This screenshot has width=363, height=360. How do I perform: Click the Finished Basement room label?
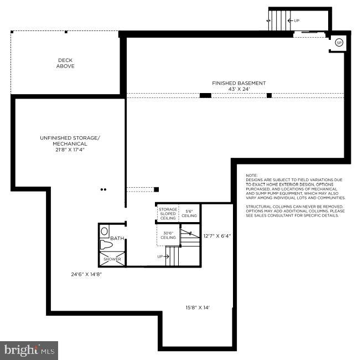[238, 83]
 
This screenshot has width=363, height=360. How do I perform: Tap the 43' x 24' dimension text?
[238, 89]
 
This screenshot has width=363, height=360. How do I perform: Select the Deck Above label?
[65, 63]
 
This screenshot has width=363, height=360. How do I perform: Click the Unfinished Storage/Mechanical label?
[70, 141]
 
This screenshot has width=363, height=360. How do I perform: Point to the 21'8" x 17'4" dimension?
[70, 150]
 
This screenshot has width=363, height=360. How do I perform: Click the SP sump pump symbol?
[339, 43]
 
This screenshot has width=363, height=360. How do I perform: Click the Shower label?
[112, 259]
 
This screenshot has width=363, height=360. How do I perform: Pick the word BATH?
[117, 239]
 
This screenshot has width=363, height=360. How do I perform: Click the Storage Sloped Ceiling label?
[168, 214]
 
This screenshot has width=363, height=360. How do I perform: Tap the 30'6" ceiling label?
[168, 235]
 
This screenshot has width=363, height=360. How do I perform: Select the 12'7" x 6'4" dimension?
[217, 236]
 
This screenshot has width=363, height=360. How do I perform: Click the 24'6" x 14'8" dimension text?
[86, 274]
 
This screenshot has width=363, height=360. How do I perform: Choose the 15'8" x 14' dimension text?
[198, 307]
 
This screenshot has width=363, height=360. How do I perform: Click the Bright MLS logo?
[29, 350]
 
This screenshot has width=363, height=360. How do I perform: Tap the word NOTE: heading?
[251, 175]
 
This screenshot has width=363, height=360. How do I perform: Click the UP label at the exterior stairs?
[297, 20]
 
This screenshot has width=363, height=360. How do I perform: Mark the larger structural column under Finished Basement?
[205, 96]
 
